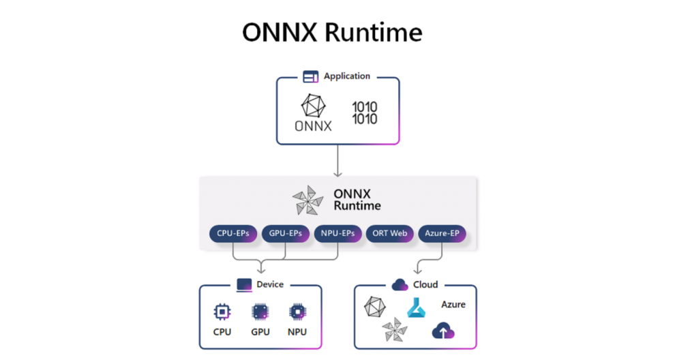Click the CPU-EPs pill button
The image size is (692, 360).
click(233, 233)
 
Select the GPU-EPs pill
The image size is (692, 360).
click(286, 233)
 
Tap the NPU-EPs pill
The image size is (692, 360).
click(337, 233)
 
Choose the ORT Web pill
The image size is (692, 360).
click(390, 233)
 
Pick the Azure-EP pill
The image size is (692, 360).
click(442, 233)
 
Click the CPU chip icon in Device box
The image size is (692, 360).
click(222, 312)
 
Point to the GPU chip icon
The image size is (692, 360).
click(260, 312)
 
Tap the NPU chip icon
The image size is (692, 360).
click(297, 312)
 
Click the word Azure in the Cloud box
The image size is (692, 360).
click(453, 304)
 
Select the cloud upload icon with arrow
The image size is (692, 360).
click(443, 331)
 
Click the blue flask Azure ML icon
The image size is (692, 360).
click(416, 308)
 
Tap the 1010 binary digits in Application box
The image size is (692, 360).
click(365, 113)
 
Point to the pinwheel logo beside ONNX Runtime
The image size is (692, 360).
click(307, 200)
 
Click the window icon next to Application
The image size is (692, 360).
click(310, 77)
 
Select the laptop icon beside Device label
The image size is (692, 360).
click(244, 285)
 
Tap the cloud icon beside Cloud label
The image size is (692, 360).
click(400, 284)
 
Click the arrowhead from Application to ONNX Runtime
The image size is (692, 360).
click(337, 175)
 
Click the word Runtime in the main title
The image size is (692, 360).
click(374, 33)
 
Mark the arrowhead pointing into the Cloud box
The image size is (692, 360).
click(417, 271)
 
